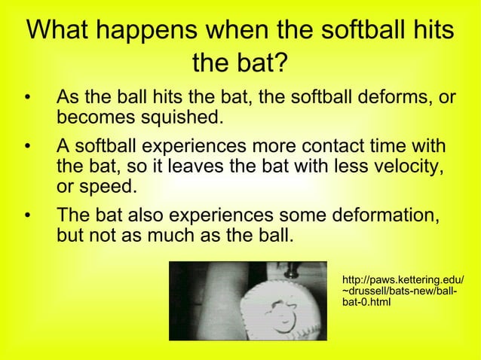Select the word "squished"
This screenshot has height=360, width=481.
tap(184, 119)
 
